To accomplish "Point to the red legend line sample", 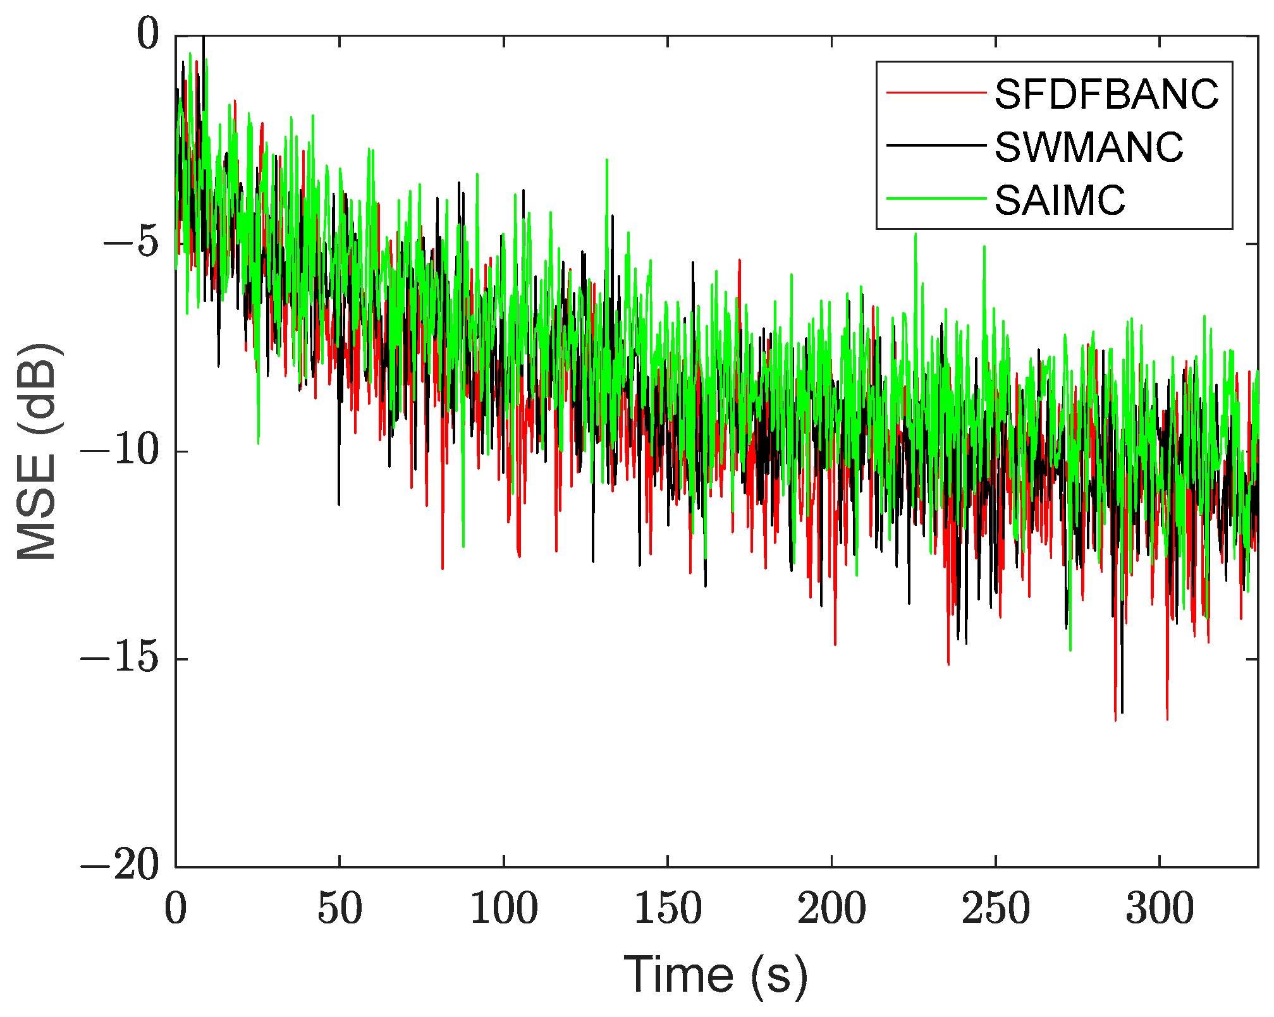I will pyautogui.click(x=936, y=94).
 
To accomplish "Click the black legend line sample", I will pyautogui.click(x=936, y=146).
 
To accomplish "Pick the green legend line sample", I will pyautogui.click(x=936, y=199).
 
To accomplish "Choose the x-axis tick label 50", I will pyautogui.click(x=340, y=909).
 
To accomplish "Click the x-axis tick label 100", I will pyautogui.click(x=504, y=909).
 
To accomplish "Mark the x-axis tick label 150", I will pyautogui.click(x=668, y=909).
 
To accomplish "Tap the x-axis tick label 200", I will pyautogui.click(x=831, y=909).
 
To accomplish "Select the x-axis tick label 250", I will pyautogui.click(x=996, y=909).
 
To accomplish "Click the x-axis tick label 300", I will pyautogui.click(x=1160, y=909).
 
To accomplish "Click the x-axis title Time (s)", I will pyautogui.click(x=716, y=975).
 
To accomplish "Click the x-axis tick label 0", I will pyautogui.click(x=176, y=909).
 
